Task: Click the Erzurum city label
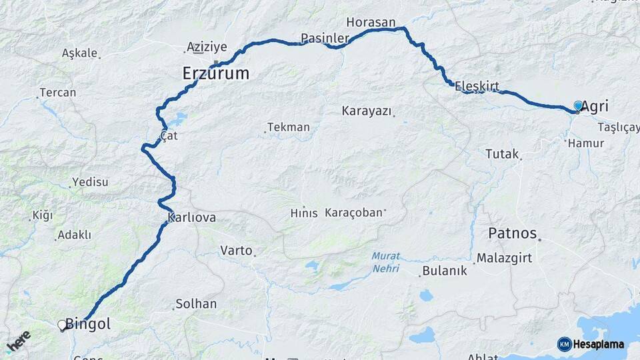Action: pos(215,73)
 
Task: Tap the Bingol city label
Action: pos(87,325)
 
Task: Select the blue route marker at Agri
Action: pos(578,106)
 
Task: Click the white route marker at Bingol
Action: pos(63,325)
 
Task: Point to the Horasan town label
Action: pos(371,22)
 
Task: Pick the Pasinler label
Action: pos(325,38)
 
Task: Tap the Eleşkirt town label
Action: pos(477,86)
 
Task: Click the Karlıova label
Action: pos(192,218)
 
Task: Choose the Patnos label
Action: pos(512,233)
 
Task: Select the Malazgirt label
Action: pos(505,258)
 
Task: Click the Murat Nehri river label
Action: pos(385,263)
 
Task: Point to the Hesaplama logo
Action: pos(591,344)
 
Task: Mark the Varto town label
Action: pos(236,251)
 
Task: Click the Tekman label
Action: pos(288,127)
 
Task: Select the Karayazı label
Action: pos(366,111)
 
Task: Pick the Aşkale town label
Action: pos(79,53)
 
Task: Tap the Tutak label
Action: pos(501,154)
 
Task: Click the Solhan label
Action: pos(195,304)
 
